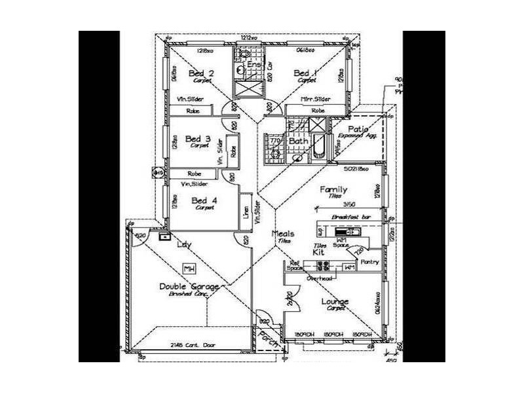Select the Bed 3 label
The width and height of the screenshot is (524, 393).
tap(198, 139)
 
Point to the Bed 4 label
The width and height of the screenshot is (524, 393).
tap(204, 200)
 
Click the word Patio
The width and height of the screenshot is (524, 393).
tap(358, 129)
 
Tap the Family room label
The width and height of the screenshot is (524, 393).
tap(332, 189)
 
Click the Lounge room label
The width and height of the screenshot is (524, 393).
tap(335, 301)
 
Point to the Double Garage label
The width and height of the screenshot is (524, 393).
tap(189, 287)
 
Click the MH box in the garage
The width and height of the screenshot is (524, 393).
tap(190, 269)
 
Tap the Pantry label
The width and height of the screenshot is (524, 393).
tap(370, 261)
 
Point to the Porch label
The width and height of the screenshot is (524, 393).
tap(267, 338)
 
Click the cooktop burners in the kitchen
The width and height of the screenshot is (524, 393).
tap(323, 266)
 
